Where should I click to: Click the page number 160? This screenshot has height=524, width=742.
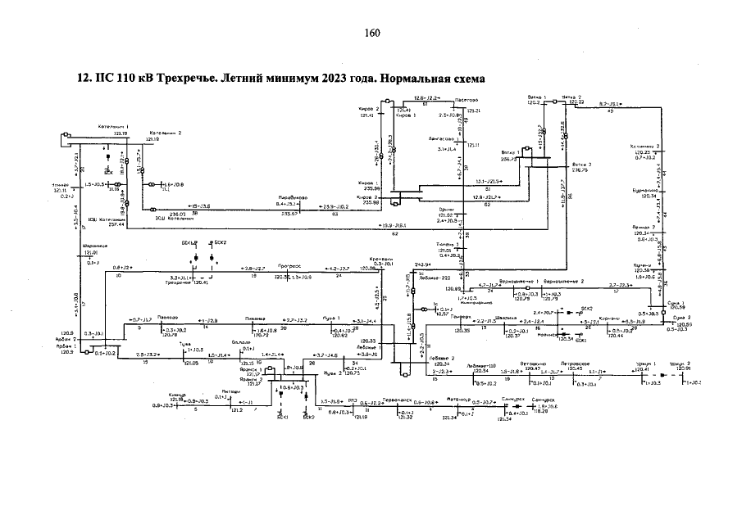click(x=371, y=33)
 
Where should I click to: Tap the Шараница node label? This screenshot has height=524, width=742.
click(x=96, y=246)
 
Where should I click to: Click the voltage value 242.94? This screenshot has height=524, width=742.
click(x=422, y=265)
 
